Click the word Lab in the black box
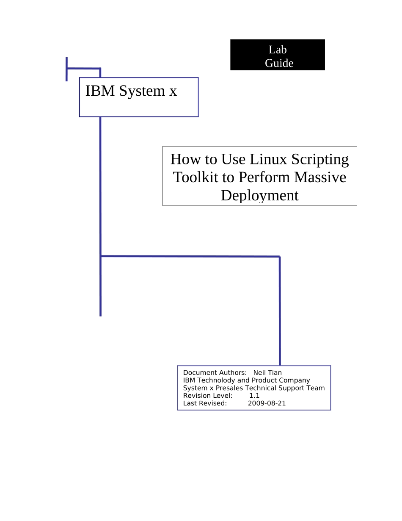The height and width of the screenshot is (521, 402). tap(278, 50)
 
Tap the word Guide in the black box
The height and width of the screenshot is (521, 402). tap(279, 63)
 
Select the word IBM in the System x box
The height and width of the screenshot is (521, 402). tap(100, 91)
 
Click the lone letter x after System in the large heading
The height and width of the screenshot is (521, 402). tap(173, 91)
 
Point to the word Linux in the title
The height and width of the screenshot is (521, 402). tap(268, 159)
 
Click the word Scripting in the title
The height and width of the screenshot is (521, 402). tap(320, 160)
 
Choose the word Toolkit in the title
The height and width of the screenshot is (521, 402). tap(195, 177)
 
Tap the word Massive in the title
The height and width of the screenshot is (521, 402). tap(320, 177)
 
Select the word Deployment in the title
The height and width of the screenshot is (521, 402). tap(259, 196)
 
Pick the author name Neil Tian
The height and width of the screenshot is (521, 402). tap(267, 373)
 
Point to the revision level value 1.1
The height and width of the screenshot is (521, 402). tap(254, 396)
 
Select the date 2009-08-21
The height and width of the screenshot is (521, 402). tap(267, 403)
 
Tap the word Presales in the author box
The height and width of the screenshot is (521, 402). tap(229, 388)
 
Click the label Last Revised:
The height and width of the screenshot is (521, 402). tap(205, 403)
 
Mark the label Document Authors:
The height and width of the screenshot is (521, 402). tap(215, 373)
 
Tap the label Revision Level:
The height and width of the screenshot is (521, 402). tap(208, 396)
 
